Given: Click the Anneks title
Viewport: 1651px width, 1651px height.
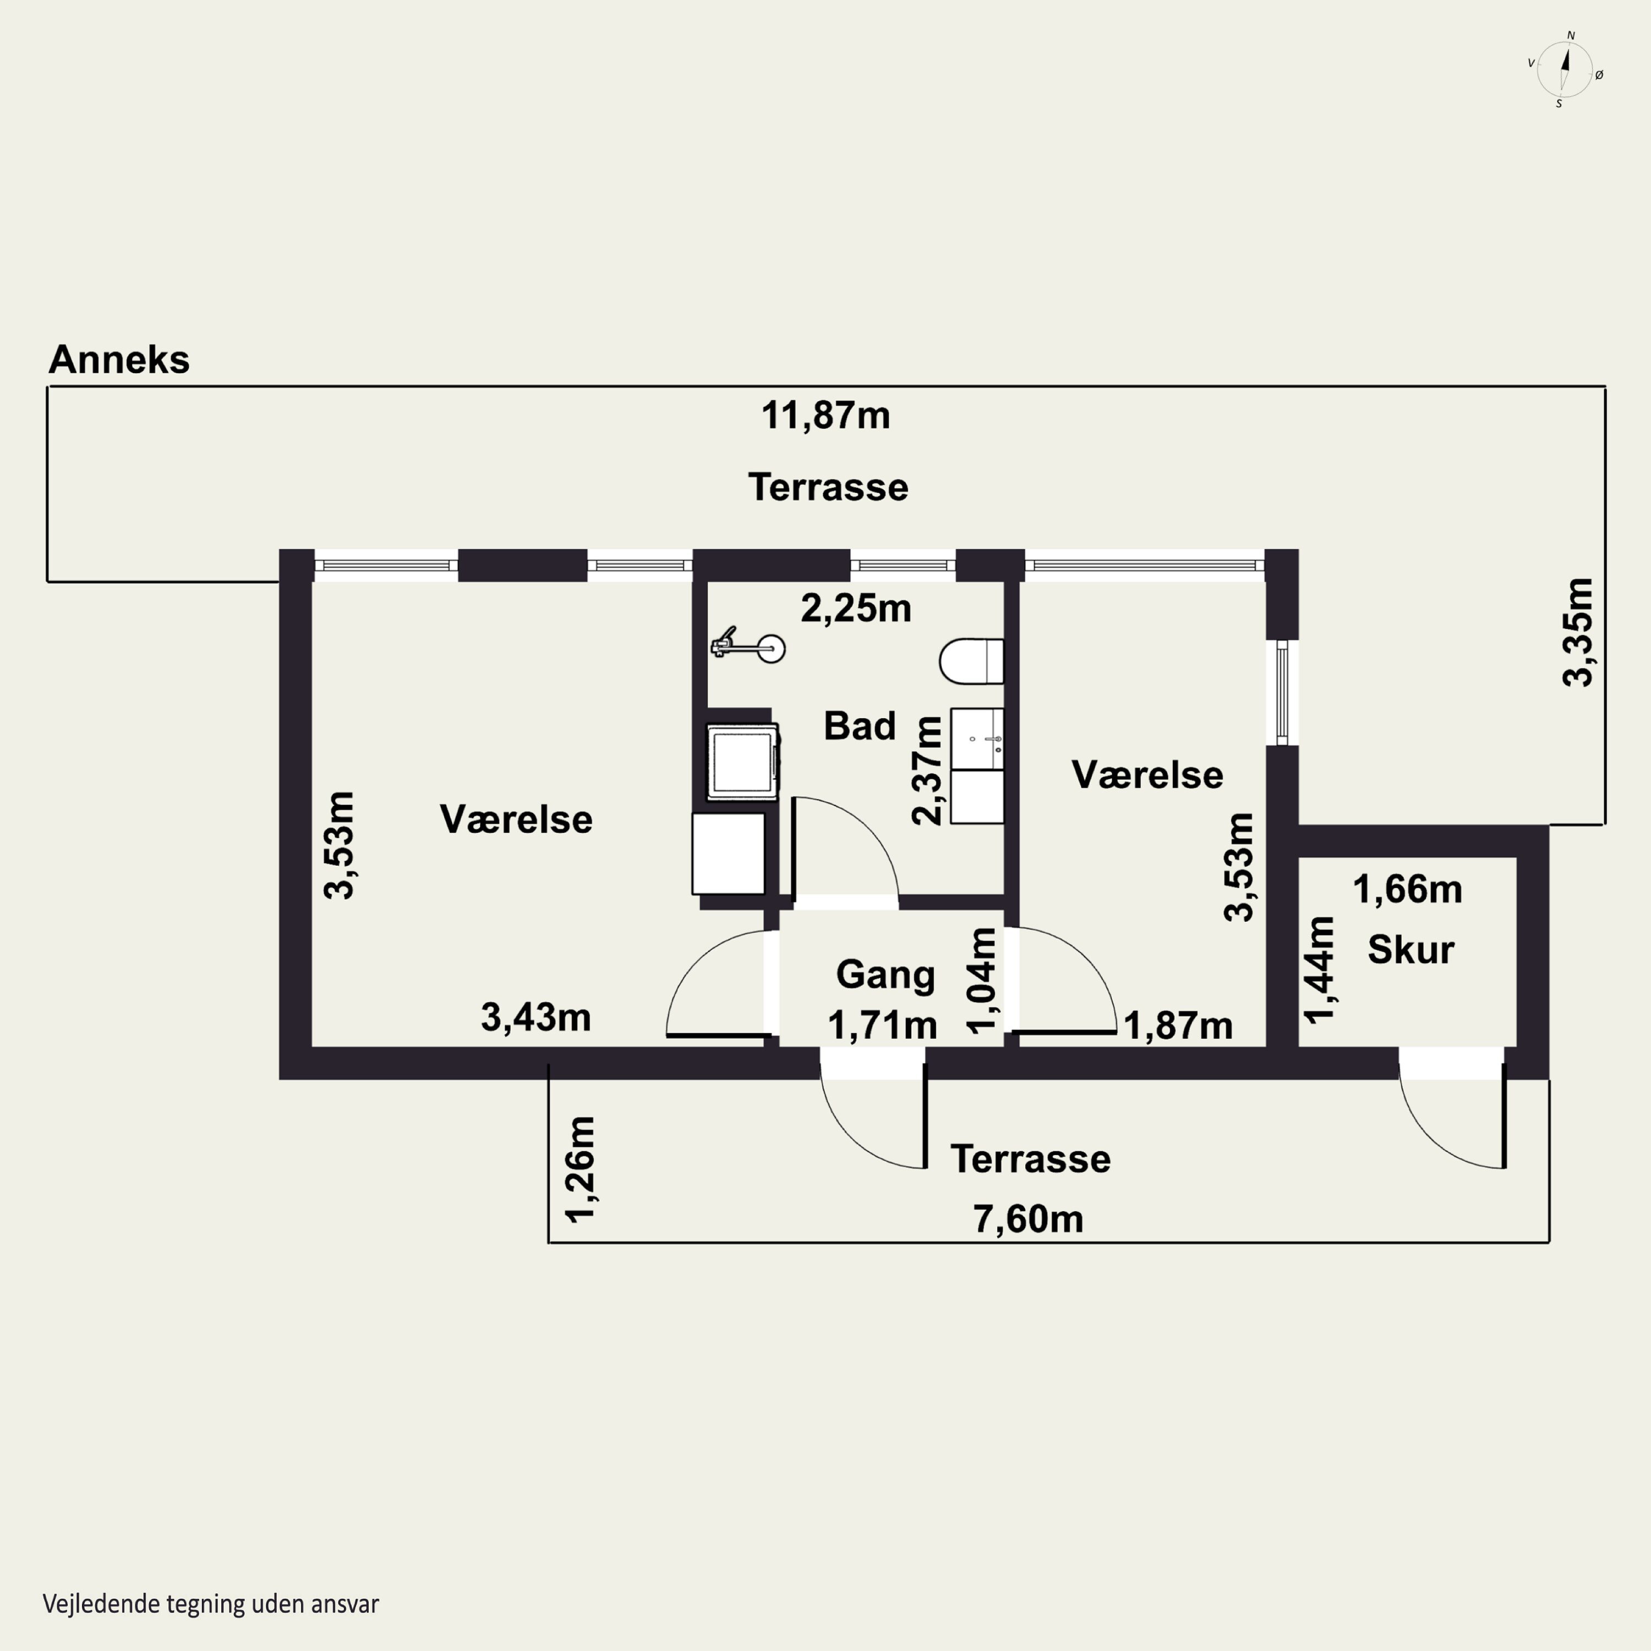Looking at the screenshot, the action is click(119, 360).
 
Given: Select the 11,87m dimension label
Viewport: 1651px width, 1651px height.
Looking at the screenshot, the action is click(825, 416).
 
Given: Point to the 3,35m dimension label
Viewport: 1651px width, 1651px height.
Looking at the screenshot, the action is click(1577, 632).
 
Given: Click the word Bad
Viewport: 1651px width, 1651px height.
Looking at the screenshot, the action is click(859, 725).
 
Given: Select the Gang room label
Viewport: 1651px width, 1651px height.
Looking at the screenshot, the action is click(885, 975).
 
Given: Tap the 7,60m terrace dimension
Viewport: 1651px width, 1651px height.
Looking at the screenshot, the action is click(1028, 1220).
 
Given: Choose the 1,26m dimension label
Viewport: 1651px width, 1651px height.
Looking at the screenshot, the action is click(580, 1169).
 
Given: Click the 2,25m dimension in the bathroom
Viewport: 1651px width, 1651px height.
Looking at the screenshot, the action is click(855, 609).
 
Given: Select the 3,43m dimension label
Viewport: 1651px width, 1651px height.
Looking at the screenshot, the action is click(536, 1017).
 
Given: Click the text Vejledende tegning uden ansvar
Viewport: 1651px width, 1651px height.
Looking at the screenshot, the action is click(211, 1604).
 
